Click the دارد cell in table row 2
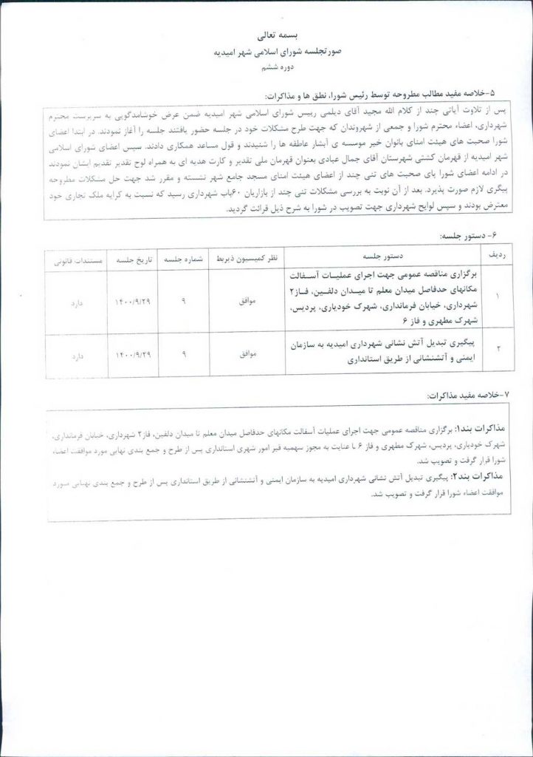(77, 356)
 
